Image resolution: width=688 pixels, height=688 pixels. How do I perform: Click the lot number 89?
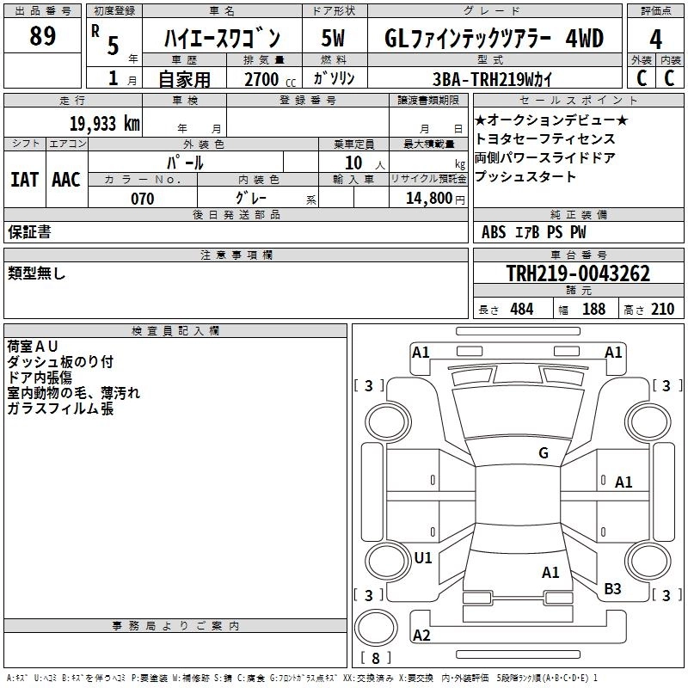click(42, 35)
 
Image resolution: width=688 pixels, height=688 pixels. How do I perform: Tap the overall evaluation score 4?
click(655, 39)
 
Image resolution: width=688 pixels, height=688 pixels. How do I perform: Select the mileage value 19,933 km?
click(105, 124)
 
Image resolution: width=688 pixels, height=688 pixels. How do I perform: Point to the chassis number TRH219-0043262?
click(578, 273)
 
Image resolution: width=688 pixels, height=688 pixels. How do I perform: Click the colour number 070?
click(143, 199)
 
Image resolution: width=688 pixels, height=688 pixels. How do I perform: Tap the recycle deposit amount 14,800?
click(428, 199)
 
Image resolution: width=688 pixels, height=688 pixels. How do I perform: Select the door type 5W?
click(333, 38)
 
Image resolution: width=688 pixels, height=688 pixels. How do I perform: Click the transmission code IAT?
click(25, 180)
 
